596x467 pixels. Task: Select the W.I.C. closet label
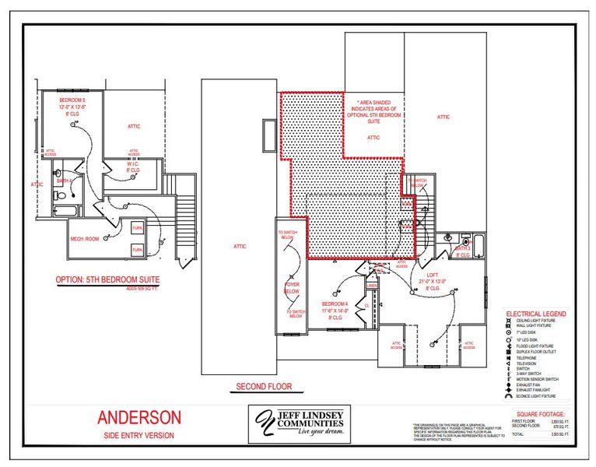point(133,165)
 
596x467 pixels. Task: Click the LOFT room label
point(433,275)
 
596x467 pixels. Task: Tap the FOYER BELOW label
point(292,288)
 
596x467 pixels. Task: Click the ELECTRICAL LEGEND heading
point(536,314)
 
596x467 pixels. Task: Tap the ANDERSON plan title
point(139,417)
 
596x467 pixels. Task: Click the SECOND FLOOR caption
point(264,387)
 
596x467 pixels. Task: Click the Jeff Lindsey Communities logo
point(299,424)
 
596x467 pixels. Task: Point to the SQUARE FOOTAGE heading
point(541,413)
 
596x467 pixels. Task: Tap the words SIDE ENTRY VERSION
point(139,435)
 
